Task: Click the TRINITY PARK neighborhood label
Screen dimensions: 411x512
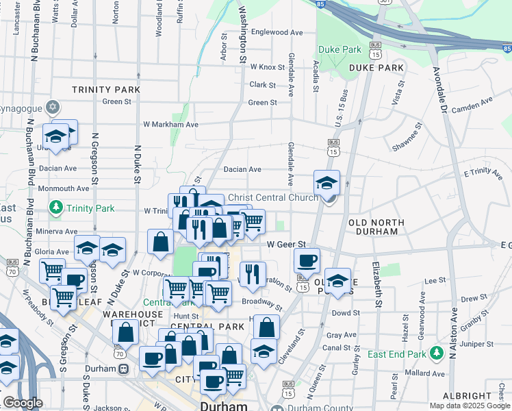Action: tap(106, 90)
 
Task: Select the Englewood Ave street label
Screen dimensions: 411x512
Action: tap(277, 32)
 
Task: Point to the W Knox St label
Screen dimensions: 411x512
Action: tap(267, 67)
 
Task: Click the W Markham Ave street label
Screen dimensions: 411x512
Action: tap(170, 125)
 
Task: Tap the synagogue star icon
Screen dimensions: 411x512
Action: tap(53, 108)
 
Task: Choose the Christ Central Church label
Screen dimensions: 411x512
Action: tap(272, 197)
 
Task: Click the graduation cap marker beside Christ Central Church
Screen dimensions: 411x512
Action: tap(327, 182)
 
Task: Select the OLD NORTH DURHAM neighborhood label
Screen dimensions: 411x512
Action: tap(373, 227)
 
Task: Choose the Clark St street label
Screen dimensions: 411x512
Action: tap(262, 85)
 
